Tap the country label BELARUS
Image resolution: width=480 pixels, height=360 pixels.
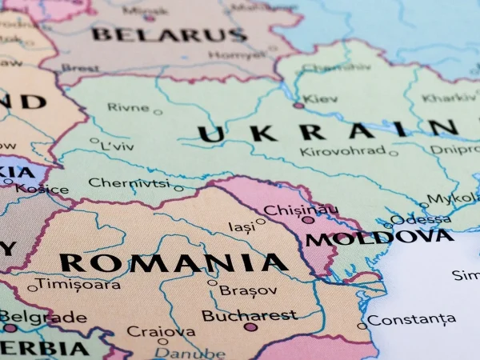[x=169, y=34]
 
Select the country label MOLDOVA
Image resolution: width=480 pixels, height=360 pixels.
[x=379, y=238]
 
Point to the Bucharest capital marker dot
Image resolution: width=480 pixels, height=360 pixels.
[x=250, y=326]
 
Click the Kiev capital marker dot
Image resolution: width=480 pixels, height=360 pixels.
[x=298, y=105]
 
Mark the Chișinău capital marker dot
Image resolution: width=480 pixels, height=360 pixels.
[x=307, y=219]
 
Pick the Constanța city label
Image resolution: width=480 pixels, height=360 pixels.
[x=412, y=320]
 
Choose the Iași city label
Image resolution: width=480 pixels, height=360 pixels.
[x=242, y=226]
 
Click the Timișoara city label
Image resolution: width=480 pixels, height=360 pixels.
[x=78, y=284]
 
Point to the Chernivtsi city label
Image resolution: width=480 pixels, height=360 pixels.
[x=129, y=182]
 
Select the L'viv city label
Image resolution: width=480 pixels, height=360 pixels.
[x=117, y=147]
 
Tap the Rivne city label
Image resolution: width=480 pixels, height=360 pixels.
[x=128, y=107]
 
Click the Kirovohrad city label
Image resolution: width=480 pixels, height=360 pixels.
[x=342, y=150]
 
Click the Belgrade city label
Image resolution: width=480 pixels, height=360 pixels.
[x=45, y=317]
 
